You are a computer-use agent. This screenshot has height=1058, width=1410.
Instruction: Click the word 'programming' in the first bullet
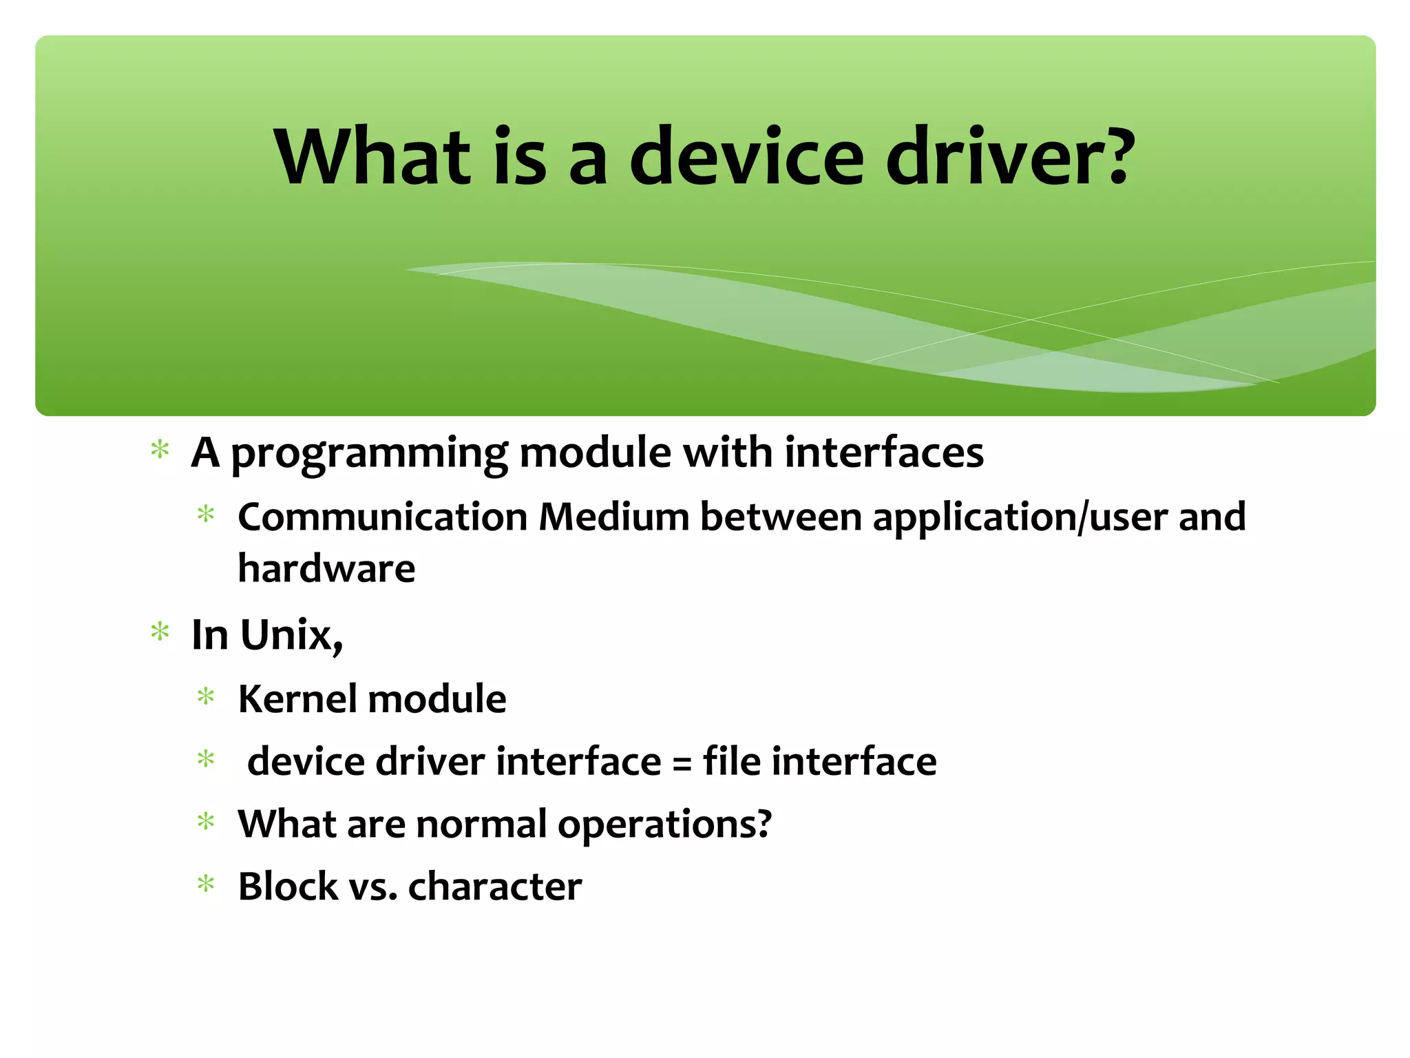coord(369,455)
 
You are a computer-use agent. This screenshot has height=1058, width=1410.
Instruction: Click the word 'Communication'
coord(382,517)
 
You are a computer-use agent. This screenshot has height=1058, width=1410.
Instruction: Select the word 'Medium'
coord(613,517)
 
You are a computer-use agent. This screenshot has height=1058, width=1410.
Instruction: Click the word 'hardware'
coord(326,569)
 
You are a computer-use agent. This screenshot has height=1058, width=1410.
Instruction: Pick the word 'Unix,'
coord(291,635)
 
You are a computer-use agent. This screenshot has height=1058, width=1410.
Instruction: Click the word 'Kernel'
coord(297,699)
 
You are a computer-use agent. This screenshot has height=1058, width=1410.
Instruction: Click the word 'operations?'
coord(664,824)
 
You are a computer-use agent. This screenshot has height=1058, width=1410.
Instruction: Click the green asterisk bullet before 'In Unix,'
coord(160,632)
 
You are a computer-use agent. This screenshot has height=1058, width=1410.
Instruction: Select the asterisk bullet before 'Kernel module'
coord(206,697)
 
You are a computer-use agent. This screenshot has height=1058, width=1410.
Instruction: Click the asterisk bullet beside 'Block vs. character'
coord(206,884)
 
